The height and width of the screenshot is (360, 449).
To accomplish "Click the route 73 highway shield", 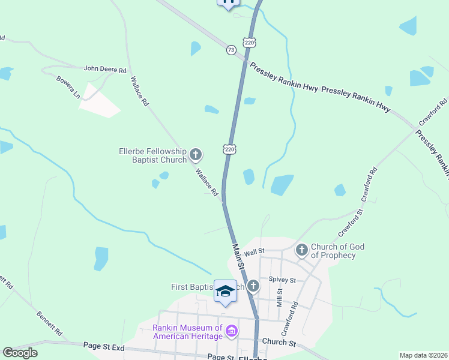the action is pos(231,50).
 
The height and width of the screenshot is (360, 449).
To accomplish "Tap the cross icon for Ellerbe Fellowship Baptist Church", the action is pos(195,155).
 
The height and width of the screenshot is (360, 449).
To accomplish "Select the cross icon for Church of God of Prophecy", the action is pos(301,248).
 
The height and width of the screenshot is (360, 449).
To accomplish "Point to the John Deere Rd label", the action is pos(105,70).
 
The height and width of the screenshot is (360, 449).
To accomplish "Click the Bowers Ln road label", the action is pos(68,88).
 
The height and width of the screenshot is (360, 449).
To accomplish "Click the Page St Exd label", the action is pos(104,347).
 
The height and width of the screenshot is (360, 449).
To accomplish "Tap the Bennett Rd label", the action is pos(49,323).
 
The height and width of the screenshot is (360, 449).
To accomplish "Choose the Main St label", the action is pos(238,256).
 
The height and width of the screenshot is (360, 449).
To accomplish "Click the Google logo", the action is pos(20,353).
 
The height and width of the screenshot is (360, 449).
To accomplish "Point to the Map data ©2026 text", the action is pos(423,355).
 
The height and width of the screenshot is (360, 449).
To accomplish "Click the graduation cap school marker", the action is pos(225,292).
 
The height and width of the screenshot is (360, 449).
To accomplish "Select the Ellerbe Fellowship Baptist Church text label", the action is pos(153,156).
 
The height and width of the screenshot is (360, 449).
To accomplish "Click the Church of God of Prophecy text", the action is pos(338,251).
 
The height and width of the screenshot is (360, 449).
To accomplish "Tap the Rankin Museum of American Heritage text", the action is pos(187,331).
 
